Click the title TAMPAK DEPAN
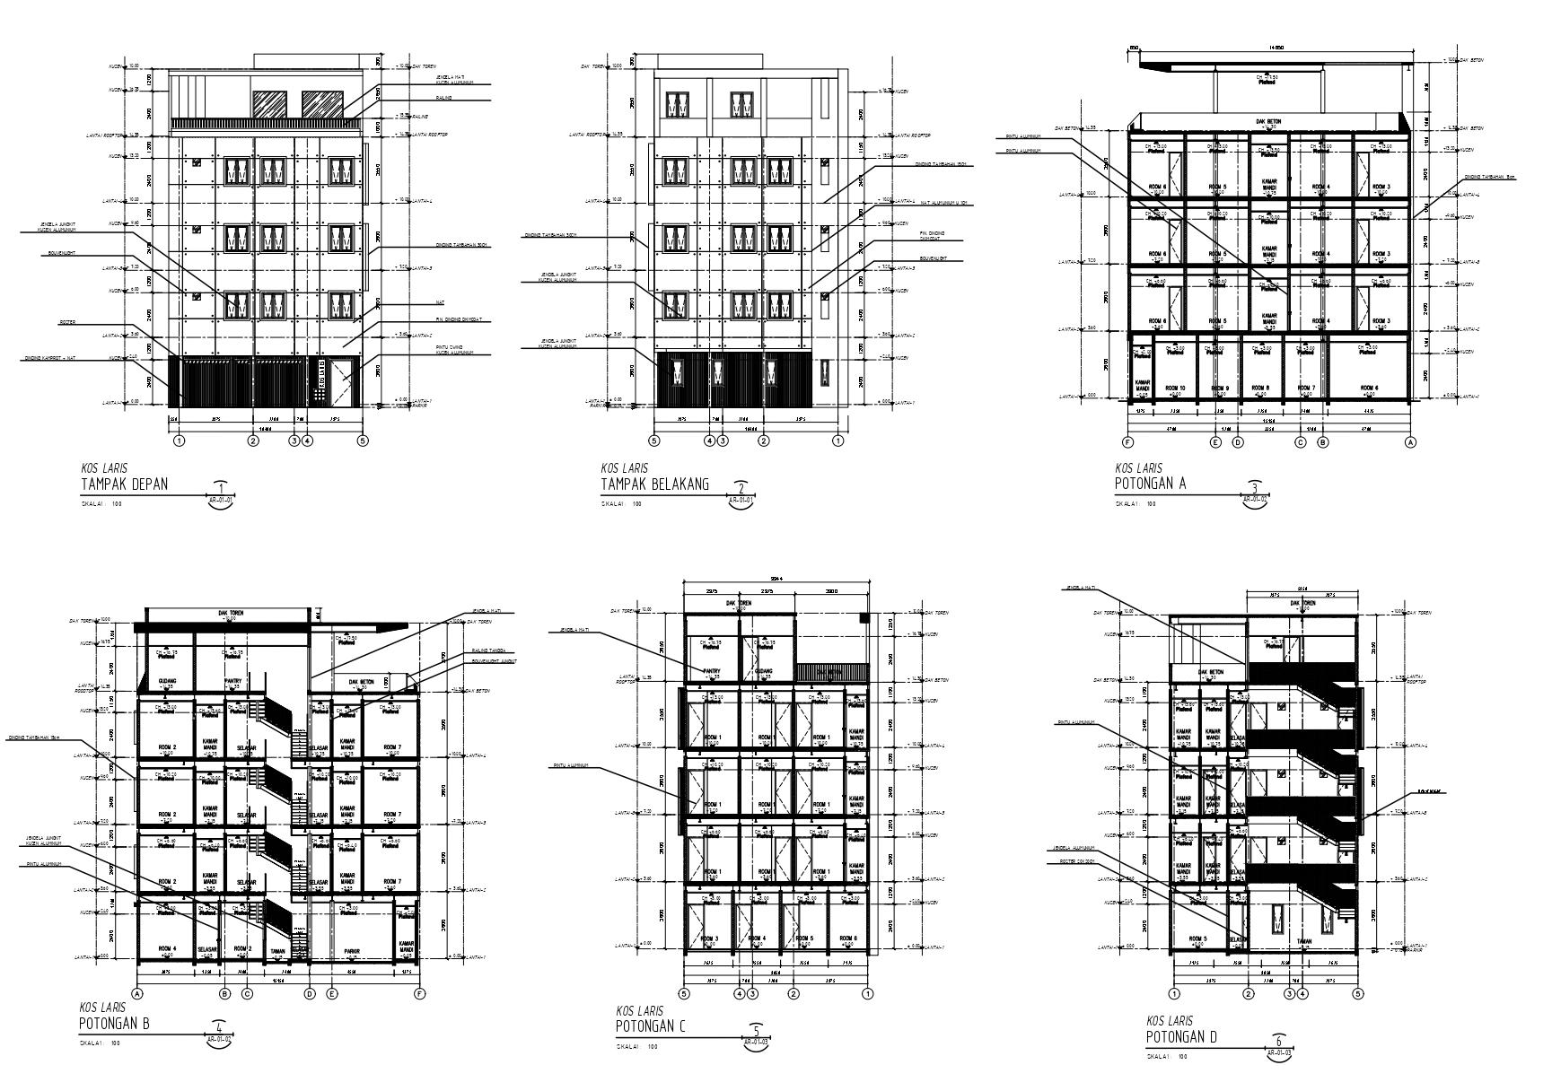pos(124,484)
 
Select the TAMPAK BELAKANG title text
pos(654,484)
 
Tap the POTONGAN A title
pos(1150,484)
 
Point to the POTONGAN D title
pos(1181,1037)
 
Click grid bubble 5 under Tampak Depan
pos(363,441)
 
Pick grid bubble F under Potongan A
pos(1128,442)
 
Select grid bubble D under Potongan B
pos(310,993)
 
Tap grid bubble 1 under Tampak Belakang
pos(838,441)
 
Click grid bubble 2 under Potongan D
pos(1248,993)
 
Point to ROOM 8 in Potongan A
pos(1261,388)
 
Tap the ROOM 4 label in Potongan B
pos(167,948)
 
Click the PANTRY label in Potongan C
pos(712,670)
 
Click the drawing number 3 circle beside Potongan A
pos(1256,489)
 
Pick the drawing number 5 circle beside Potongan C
pos(757,1033)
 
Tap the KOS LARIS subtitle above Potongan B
pos(101,1008)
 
